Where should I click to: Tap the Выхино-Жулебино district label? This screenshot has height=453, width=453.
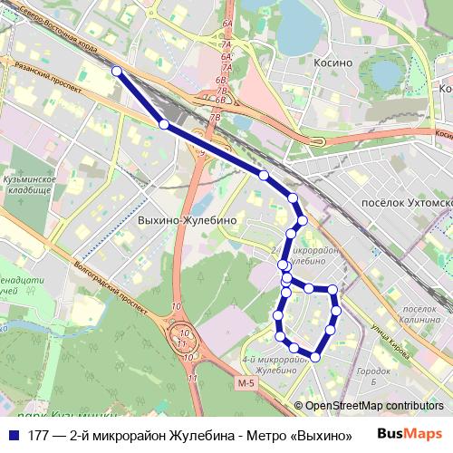[188, 220]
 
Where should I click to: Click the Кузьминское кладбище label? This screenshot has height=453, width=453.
[30, 185]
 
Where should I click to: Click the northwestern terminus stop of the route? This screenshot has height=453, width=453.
[116, 70]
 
